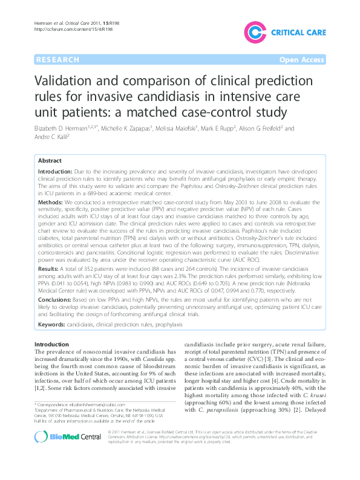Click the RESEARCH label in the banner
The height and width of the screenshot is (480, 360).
click(57, 60)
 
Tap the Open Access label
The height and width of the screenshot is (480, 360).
click(303, 60)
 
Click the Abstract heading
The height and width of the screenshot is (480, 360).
click(50, 161)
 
